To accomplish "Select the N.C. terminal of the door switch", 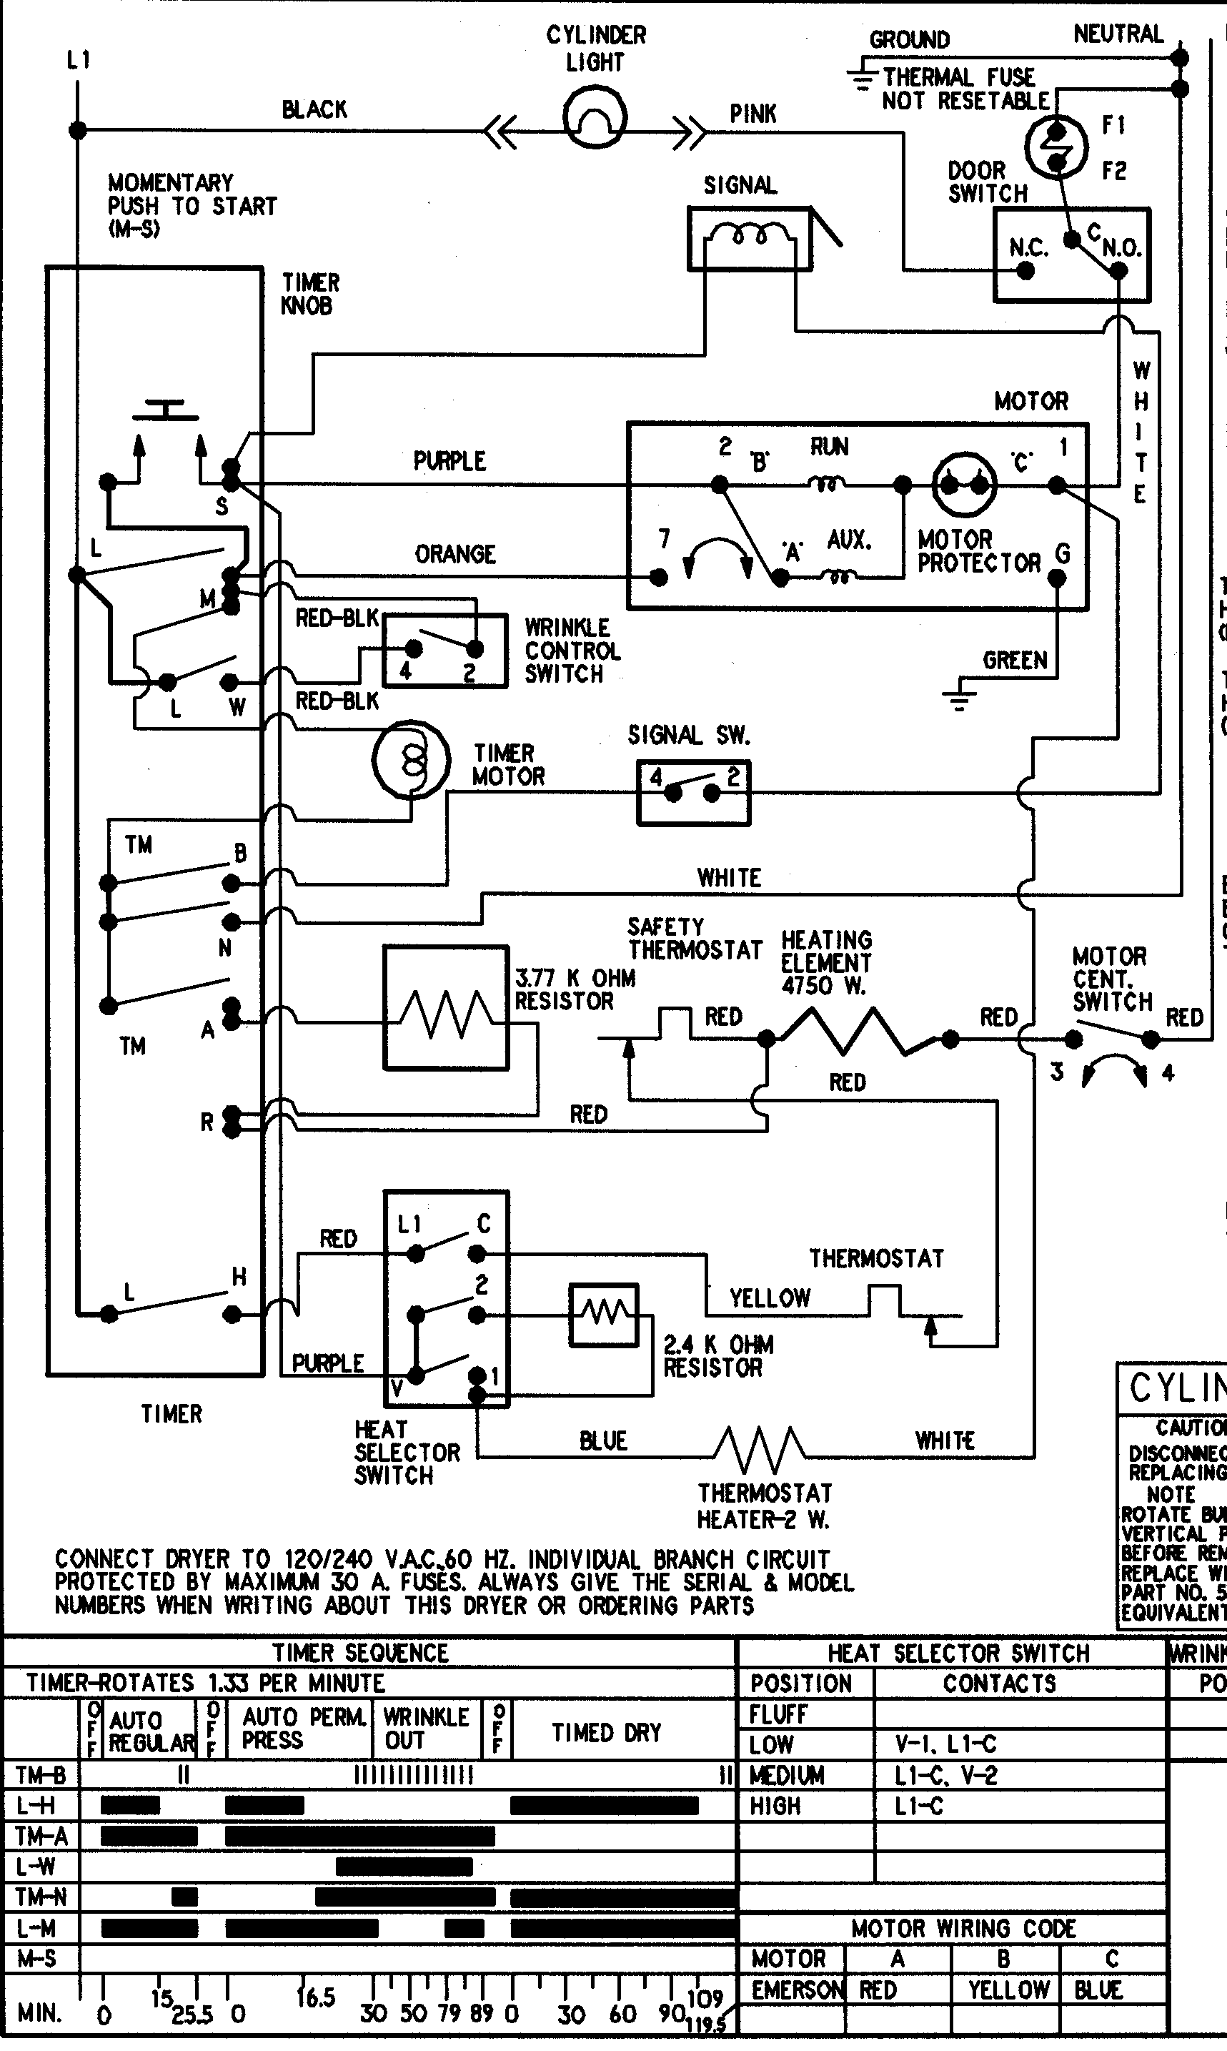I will click(1025, 270).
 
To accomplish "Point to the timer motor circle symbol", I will click(411, 759).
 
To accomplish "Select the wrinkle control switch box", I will click(444, 650).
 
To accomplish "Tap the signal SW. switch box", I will click(693, 792).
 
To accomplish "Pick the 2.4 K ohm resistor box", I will click(604, 1314).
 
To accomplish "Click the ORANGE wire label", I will click(454, 554).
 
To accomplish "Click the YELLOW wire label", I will click(769, 1298).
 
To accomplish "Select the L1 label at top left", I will click(79, 59).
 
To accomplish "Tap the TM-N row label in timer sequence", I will click(41, 1896).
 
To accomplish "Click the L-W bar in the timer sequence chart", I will click(404, 1867).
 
